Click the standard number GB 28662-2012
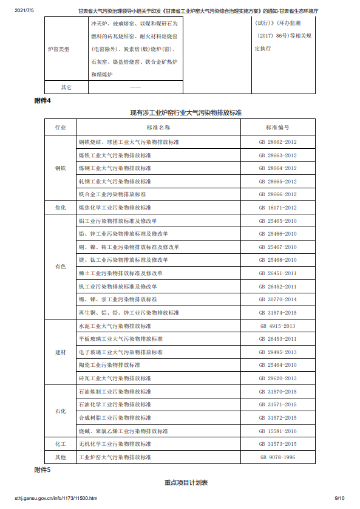[277, 142]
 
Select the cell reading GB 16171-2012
[277, 208]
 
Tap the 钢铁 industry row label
[60, 168]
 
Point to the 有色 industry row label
[60, 267]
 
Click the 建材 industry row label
[60, 352]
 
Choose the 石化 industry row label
[60, 411]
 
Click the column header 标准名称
[158, 128]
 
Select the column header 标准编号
[277, 128]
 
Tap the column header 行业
[60, 128]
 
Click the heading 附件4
[42, 101]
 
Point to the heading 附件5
[42, 470]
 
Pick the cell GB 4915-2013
[277, 326]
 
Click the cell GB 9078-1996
[277, 457]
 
